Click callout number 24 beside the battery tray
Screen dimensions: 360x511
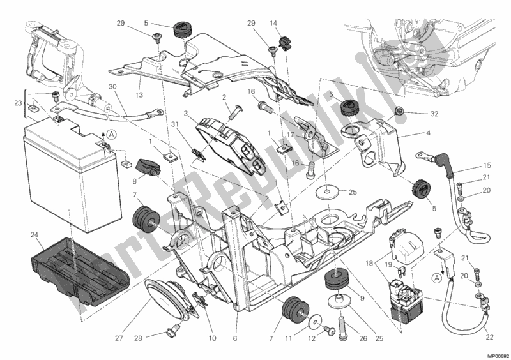pyautogui.click(x=33, y=235)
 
